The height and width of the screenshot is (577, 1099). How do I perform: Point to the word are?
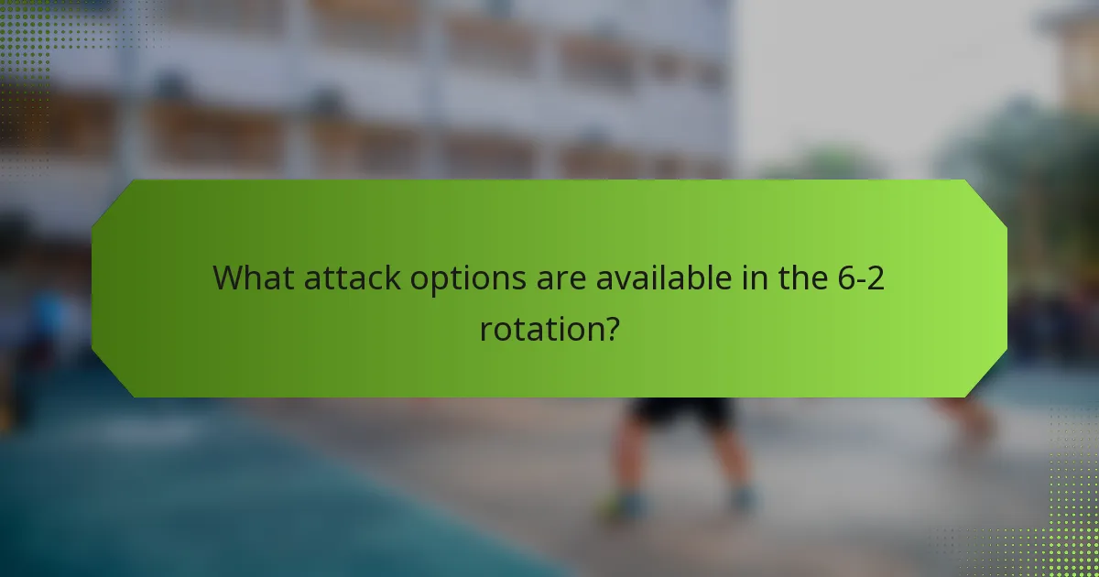[x=560, y=278]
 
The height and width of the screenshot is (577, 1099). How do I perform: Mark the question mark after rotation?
[x=608, y=329]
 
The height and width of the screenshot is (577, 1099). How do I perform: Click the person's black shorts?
[x=684, y=411]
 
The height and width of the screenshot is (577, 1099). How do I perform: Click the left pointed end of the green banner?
[x=97, y=288]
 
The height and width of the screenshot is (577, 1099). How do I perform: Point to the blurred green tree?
[x=1026, y=156]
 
